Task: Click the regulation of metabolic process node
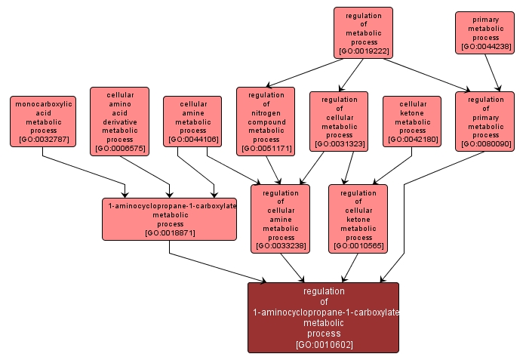[363, 33]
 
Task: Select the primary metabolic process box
[485, 32]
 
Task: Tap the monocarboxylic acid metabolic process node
[43, 121]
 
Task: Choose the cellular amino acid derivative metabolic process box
[119, 121]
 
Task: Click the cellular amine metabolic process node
[192, 121]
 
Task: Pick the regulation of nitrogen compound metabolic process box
[266, 121]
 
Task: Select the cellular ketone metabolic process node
[412, 121]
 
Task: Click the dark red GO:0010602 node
[323, 318]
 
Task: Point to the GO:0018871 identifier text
[170, 232]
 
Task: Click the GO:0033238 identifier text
[280, 245]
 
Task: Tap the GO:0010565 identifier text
[358, 245]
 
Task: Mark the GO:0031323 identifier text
[339, 143]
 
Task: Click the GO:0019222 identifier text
[363, 51]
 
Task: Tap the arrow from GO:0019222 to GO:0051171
[302, 73]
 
